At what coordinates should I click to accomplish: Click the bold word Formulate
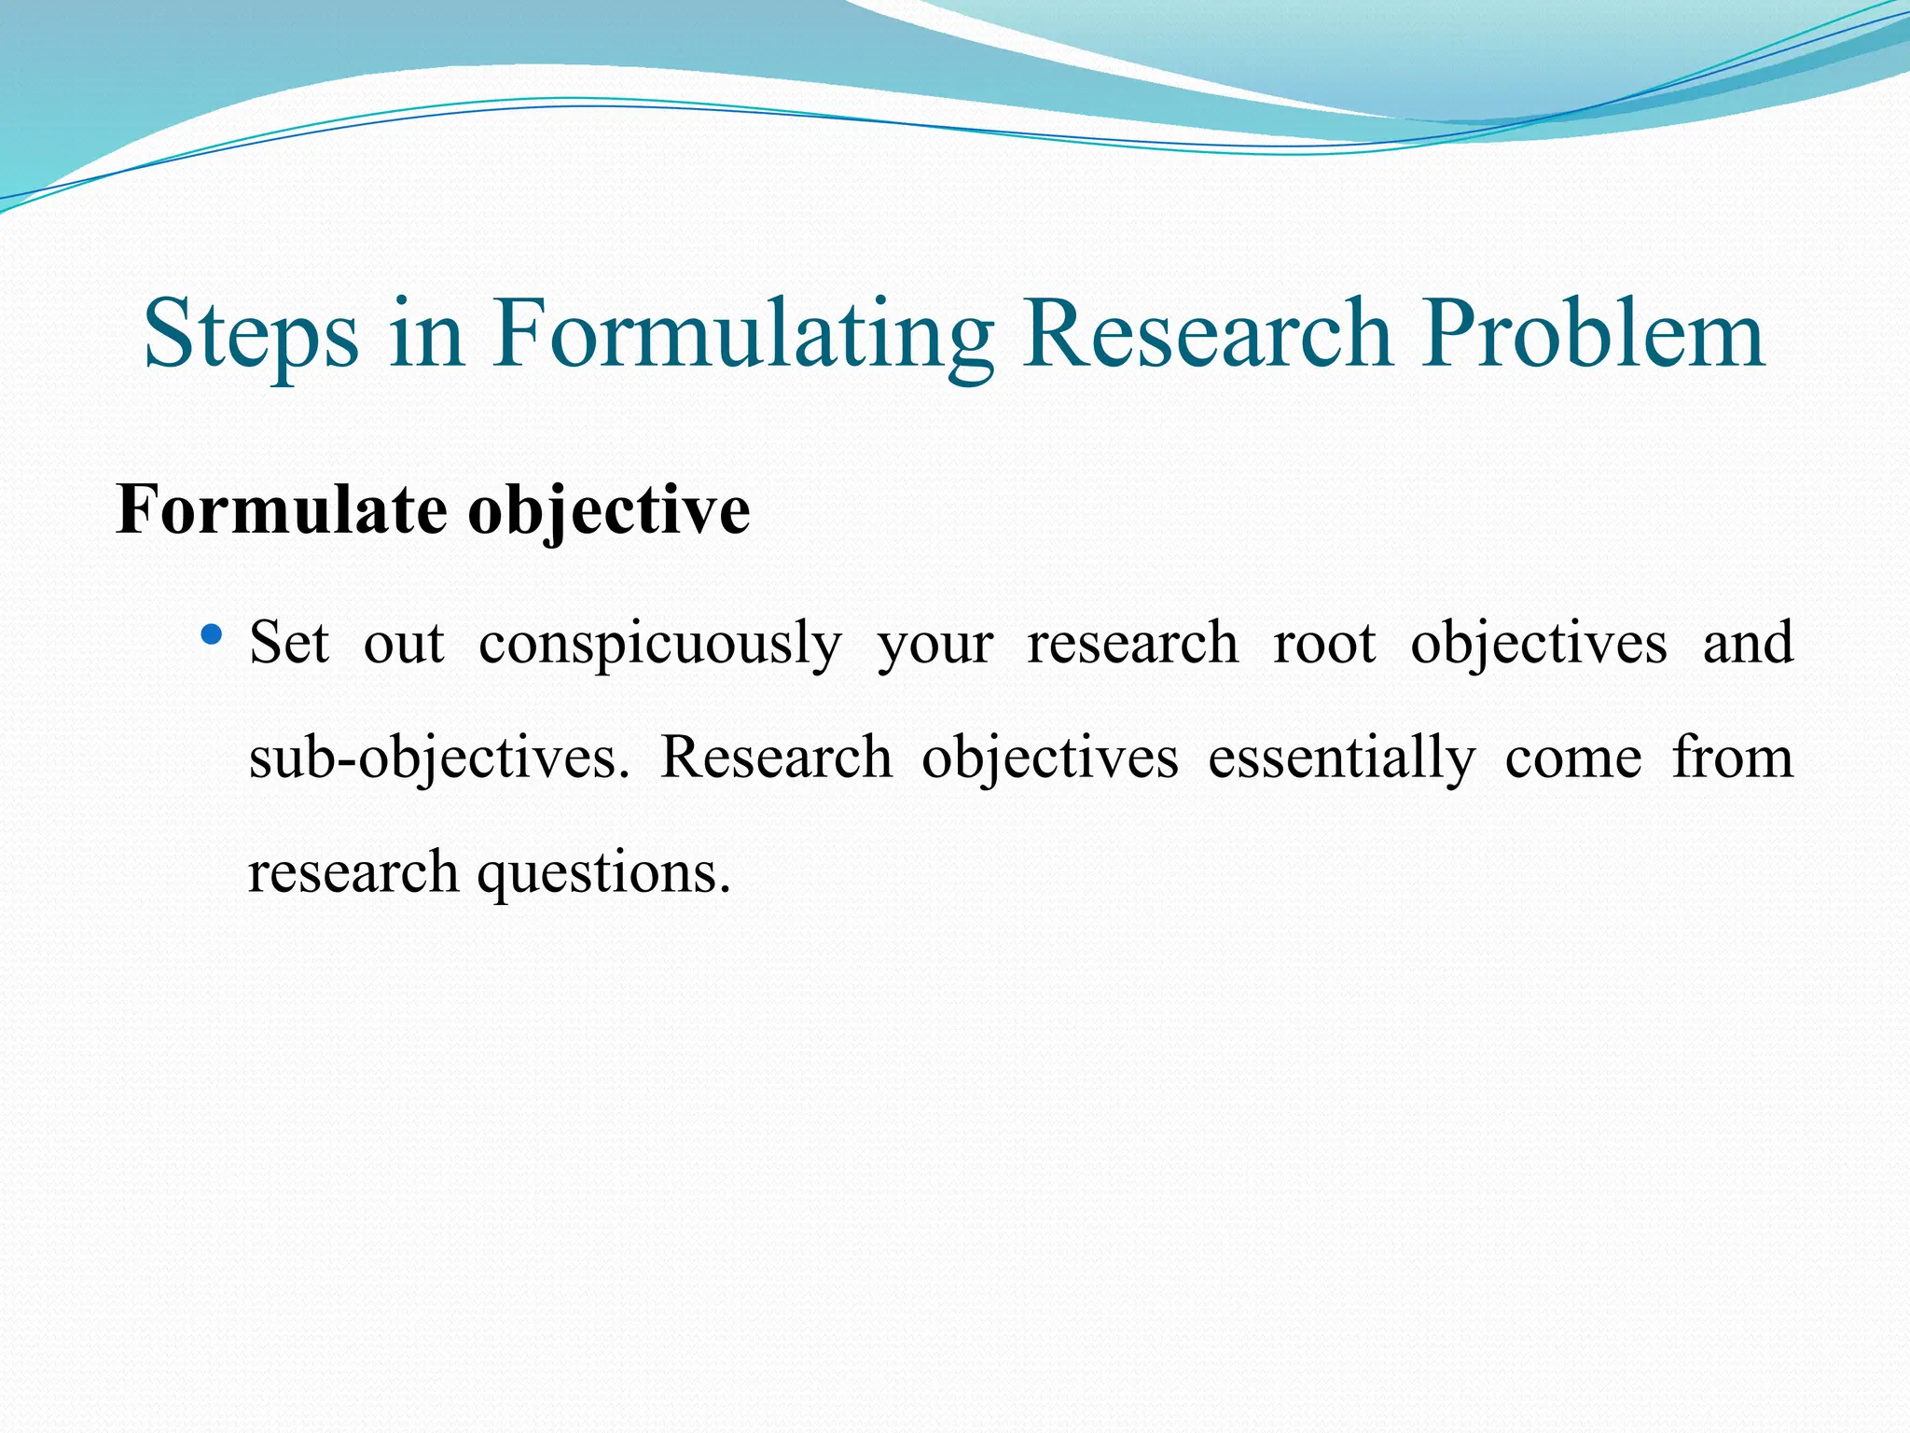(x=281, y=510)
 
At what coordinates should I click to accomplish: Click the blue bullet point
(x=212, y=636)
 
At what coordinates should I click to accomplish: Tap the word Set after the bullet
(x=289, y=643)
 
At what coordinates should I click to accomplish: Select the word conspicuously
(x=660, y=645)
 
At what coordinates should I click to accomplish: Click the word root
(x=1324, y=643)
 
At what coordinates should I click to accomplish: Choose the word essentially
(x=1341, y=758)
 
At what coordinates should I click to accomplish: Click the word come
(x=1573, y=758)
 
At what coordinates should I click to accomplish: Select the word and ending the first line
(x=1748, y=643)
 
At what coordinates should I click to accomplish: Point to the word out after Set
(x=404, y=643)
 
